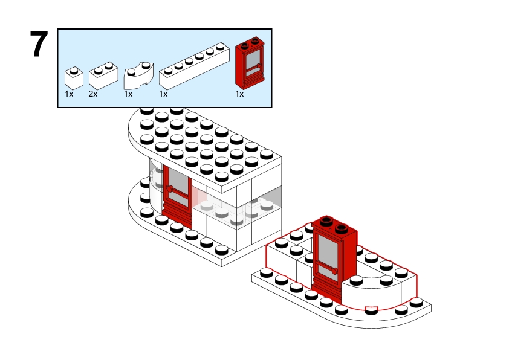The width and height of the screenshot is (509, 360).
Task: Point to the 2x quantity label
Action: point(93,94)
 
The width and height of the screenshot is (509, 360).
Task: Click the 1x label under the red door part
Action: point(239,94)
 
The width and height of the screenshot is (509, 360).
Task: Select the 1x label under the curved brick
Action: point(128,94)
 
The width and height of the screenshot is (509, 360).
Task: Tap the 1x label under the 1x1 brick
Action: point(69,94)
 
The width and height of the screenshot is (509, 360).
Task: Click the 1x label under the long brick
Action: point(163,94)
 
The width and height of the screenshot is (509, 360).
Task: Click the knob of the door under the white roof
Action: point(170,189)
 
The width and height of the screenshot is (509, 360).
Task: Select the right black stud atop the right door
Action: point(342,228)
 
